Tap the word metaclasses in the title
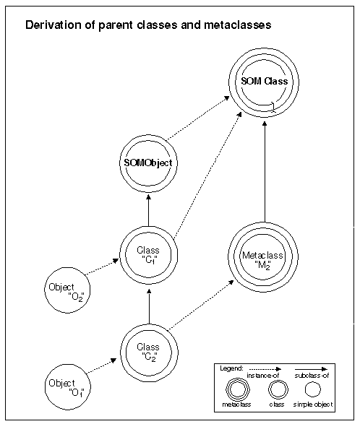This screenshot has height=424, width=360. click(x=238, y=25)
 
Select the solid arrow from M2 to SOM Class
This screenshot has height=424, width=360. click(x=265, y=172)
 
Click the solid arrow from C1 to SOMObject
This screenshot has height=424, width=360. click(x=148, y=210)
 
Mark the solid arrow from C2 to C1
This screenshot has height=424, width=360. click(x=149, y=306)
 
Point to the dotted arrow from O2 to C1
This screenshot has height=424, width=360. click(x=102, y=267)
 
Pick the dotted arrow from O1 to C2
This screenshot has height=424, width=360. click(x=102, y=366)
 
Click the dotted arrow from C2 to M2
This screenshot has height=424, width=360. click(x=201, y=305)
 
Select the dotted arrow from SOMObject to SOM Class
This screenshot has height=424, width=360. click(x=198, y=118)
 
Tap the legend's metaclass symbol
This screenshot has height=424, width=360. click(x=238, y=389)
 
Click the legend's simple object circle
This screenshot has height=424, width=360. click(x=312, y=389)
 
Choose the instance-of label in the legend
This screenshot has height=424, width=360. click(x=263, y=376)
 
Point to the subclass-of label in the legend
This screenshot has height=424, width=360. click(x=312, y=376)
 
